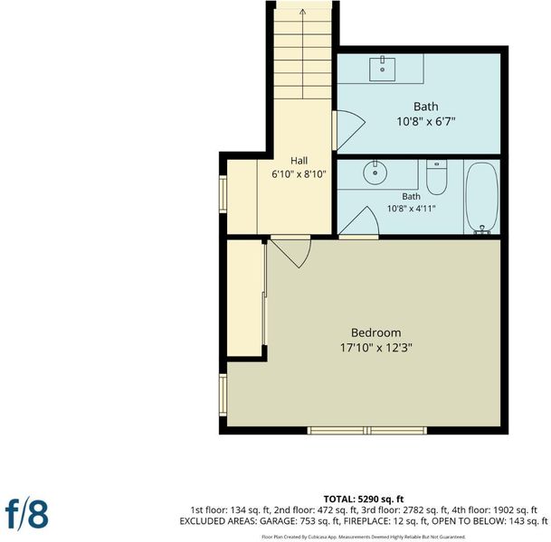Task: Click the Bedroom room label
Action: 376,332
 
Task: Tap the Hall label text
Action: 299,161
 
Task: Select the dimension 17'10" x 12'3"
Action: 376,348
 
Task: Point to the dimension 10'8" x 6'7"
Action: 426,122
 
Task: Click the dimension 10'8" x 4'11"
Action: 411,209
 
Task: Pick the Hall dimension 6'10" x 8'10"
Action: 299,174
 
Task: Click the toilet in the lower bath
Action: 436,177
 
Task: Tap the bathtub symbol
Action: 481,198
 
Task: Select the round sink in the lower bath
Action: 375,173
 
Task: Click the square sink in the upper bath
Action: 383,69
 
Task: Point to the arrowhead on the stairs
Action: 302,13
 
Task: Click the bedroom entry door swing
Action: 294,252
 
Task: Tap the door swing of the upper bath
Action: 349,130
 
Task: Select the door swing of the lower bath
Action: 360,221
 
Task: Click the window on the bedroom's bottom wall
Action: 367,431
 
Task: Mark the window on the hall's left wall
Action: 223,193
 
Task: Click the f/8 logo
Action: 27,514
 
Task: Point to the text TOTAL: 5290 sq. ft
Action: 364,500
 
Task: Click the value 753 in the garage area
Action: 306,521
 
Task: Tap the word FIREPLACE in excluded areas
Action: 365,521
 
